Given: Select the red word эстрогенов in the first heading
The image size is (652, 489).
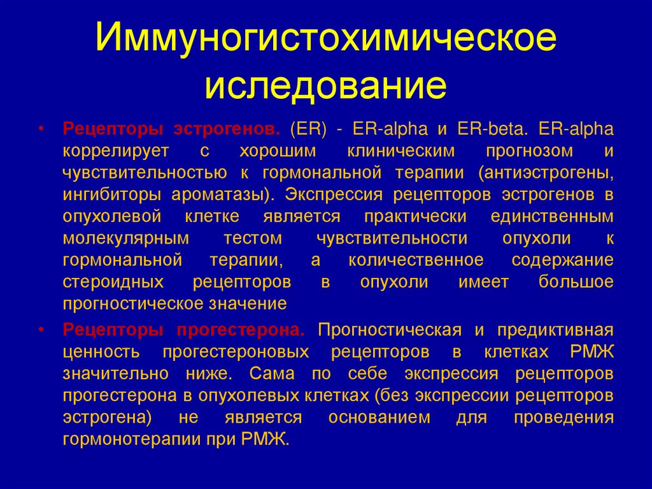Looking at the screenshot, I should click(227, 129).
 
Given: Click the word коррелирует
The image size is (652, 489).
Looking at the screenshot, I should click(116, 151).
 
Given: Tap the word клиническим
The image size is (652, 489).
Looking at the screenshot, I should click(401, 151).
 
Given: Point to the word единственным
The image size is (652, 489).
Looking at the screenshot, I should click(552, 216).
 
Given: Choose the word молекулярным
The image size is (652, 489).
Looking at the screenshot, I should click(126, 238).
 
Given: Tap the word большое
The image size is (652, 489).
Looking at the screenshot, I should click(576, 281).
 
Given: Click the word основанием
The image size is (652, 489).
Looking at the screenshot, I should click(379, 418).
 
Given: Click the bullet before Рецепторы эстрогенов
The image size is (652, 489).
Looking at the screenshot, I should click(41, 129).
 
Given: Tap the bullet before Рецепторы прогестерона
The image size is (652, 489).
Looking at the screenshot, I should click(41, 330).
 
